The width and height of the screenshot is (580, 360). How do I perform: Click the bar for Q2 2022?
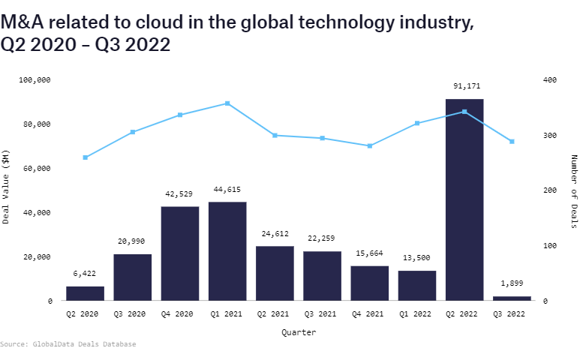(x=464, y=199)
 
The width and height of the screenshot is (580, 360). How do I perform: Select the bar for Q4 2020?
(x=180, y=253)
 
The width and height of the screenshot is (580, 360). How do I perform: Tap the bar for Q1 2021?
(x=227, y=251)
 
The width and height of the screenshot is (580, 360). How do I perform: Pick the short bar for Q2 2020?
(x=85, y=293)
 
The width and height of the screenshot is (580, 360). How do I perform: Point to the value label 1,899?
(x=512, y=284)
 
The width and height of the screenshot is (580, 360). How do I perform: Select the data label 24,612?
(x=275, y=234)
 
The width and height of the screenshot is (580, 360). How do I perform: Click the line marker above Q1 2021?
(x=227, y=103)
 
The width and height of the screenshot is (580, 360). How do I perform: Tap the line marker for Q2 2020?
(x=85, y=157)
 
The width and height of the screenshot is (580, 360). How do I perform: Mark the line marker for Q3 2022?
(x=512, y=141)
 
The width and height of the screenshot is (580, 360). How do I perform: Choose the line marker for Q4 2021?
(x=370, y=145)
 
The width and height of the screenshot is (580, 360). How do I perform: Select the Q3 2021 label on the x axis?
(x=322, y=315)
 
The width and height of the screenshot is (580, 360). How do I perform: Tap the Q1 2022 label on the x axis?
(x=417, y=315)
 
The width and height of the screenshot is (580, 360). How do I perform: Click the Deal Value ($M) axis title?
(x=7, y=188)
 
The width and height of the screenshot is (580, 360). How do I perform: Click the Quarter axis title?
(x=299, y=331)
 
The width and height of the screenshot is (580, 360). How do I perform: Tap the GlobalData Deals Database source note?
(x=68, y=344)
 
